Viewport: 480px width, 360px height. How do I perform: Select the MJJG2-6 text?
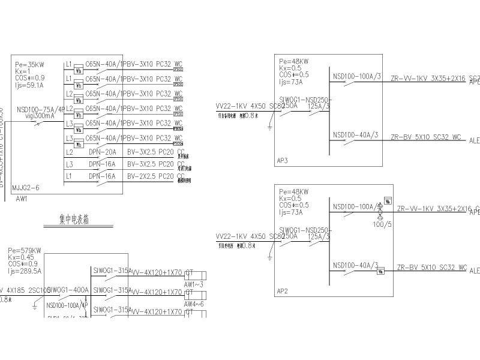(x=26, y=188)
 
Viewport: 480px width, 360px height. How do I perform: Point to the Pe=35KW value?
(x=30, y=64)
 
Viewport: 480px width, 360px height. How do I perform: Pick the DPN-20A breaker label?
(x=102, y=152)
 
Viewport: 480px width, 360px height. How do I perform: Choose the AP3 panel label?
(x=283, y=161)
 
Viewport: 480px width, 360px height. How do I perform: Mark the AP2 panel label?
(x=283, y=292)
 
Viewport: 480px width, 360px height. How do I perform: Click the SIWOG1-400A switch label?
(x=68, y=290)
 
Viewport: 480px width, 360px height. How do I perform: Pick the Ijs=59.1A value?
(x=29, y=85)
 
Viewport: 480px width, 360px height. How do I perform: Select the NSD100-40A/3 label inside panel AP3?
(x=355, y=134)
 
